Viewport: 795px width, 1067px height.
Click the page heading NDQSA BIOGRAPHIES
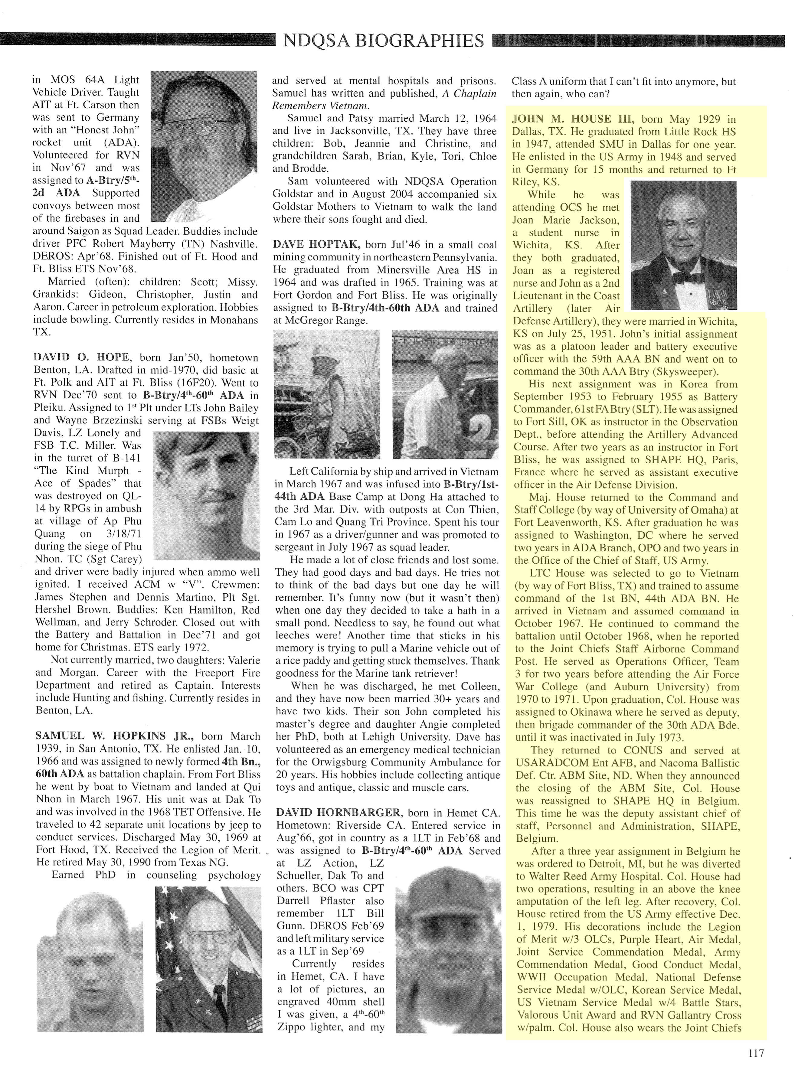pyautogui.click(x=384, y=41)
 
